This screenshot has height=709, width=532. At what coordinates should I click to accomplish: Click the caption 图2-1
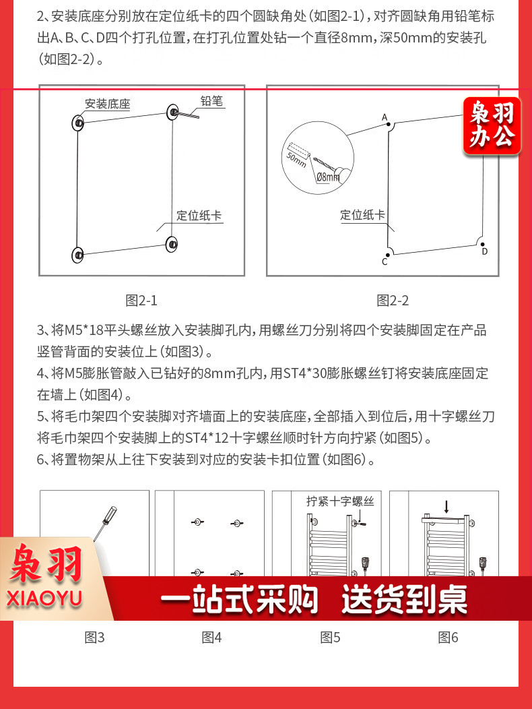click(x=141, y=300)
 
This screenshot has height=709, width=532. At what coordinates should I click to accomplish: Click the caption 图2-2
click(x=393, y=300)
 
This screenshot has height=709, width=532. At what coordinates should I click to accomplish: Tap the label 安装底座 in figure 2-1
click(x=108, y=104)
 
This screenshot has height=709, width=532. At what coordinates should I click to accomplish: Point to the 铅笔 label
click(x=211, y=100)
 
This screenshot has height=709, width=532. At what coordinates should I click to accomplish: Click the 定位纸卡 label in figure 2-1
click(x=199, y=215)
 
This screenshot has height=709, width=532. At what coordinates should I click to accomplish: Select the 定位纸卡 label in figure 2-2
click(x=362, y=215)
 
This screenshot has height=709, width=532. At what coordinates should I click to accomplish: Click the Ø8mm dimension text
click(x=328, y=177)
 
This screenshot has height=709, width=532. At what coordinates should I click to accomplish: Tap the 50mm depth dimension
click(x=296, y=159)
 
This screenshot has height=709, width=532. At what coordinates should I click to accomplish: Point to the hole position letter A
click(x=385, y=117)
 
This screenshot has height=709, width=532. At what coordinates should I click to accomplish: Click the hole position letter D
click(x=485, y=251)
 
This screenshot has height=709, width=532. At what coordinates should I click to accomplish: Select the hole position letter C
click(x=385, y=261)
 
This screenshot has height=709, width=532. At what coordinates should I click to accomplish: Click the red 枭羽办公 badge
click(x=492, y=125)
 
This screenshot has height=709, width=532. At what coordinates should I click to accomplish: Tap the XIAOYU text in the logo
click(x=44, y=598)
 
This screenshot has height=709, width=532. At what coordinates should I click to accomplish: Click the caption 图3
click(x=94, y=637)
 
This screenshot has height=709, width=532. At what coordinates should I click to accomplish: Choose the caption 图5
click(x=330, y=637)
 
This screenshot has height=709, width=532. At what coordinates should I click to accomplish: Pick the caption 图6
click(x=448, y=637)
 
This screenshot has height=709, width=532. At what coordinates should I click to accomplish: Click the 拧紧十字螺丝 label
click(x=340, y=501)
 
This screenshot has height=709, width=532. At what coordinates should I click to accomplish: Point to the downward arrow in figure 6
click(x=446, y=506)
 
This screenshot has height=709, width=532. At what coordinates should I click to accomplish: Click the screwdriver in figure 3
click(x=105, y=523)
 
